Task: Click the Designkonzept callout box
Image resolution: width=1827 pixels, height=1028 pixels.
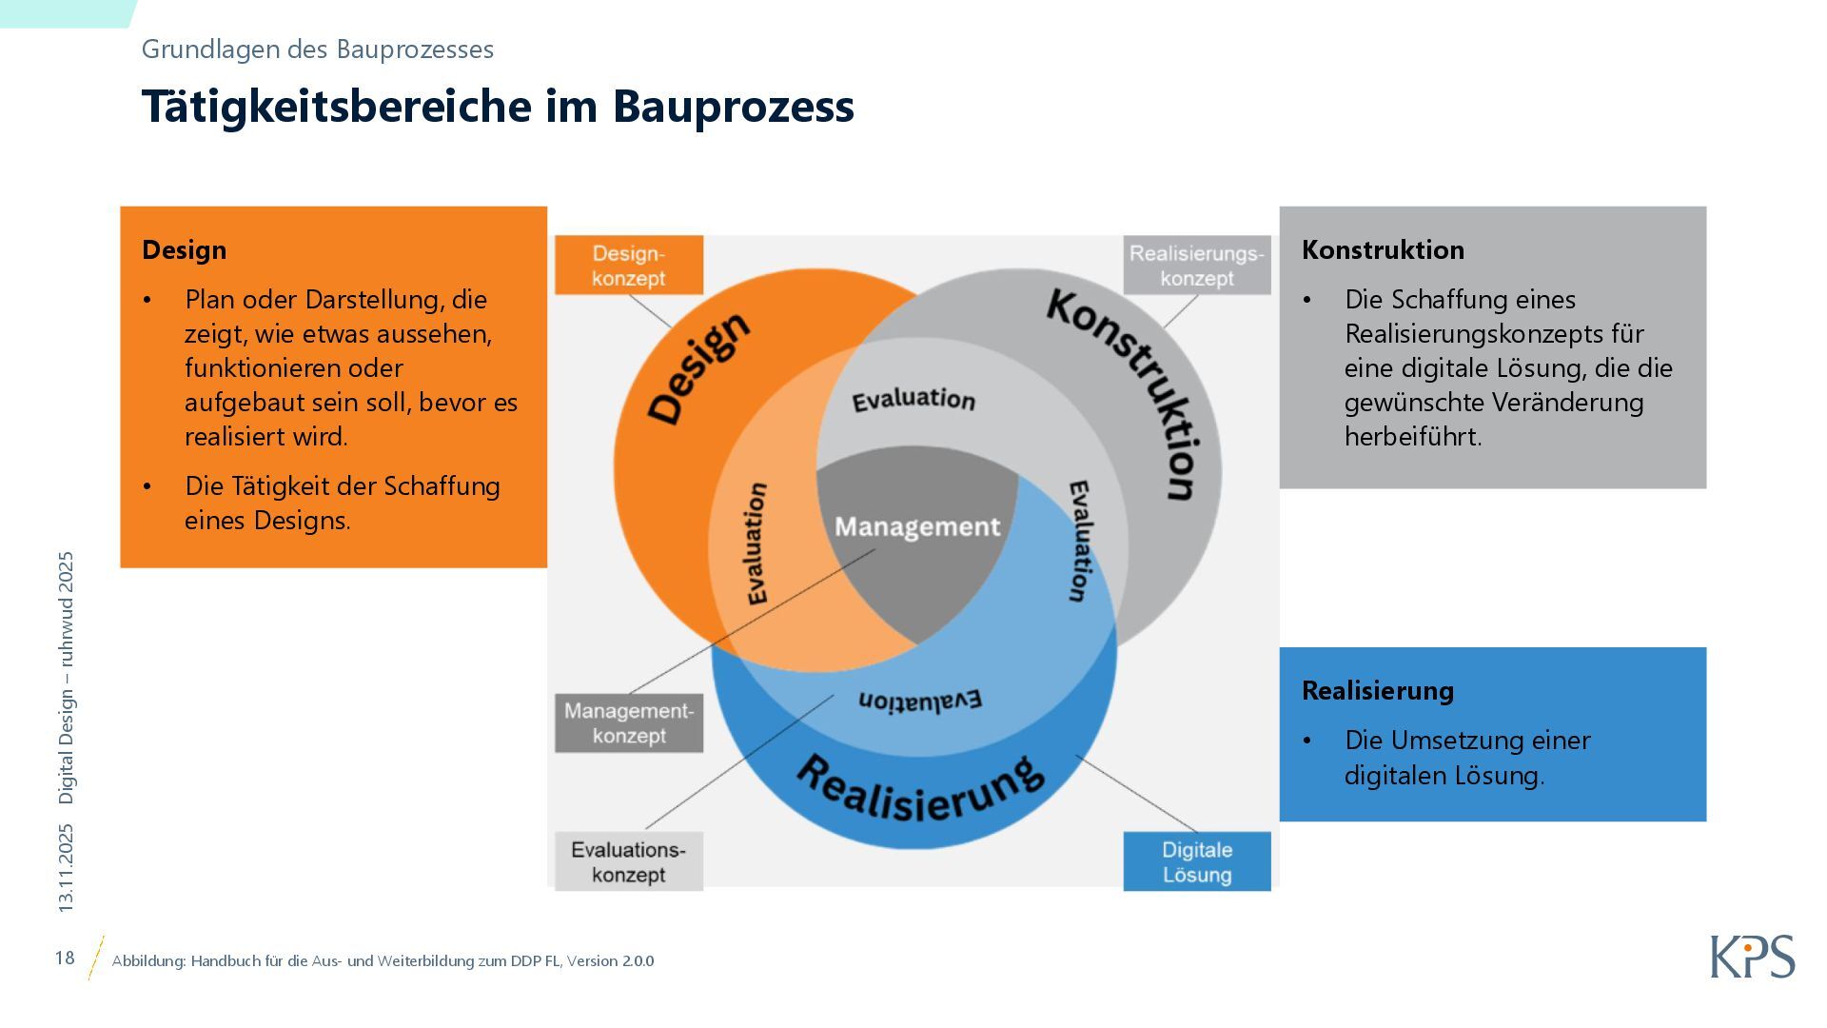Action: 628,266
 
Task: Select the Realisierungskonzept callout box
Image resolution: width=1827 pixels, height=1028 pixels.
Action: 1196,266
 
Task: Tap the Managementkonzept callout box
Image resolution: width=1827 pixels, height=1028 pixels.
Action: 628,723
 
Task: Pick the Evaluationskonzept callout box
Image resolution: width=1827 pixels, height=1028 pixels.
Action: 628,861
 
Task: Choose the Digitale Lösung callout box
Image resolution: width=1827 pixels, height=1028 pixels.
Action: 1196,861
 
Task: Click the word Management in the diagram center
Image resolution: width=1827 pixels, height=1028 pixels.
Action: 917,526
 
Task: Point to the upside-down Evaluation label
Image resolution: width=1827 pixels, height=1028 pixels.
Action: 919,700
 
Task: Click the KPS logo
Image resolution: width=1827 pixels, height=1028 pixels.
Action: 1752,957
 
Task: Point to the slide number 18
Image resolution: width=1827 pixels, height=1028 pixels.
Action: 65,958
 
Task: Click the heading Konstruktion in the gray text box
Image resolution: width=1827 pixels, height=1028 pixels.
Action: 1383,249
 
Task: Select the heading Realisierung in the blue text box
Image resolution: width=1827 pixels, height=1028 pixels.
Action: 1377,690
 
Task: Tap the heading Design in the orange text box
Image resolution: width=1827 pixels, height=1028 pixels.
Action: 184,249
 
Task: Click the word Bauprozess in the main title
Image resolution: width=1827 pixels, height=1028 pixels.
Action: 733,106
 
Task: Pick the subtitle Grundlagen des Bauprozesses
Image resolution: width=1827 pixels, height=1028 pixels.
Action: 317,49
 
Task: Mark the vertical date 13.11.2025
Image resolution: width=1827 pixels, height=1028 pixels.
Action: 66,868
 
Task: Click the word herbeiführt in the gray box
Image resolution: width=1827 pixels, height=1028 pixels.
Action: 1412,436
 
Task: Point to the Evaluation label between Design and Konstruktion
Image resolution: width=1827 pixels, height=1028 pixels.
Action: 913,400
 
